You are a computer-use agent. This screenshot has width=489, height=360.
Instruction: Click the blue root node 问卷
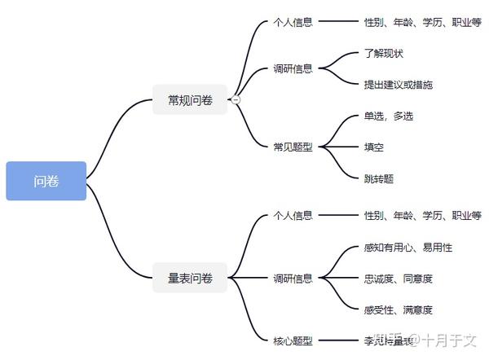click(46, 181)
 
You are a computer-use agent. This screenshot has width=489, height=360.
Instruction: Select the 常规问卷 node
click(190, 100)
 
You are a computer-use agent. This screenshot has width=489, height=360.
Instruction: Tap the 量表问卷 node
click(190, 279)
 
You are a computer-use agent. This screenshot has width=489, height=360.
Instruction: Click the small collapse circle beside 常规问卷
click(236, 100)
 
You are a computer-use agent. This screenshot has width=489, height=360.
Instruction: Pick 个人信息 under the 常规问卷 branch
click(293, 22)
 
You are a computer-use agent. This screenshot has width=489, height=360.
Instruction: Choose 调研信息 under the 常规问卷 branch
click(293, 69)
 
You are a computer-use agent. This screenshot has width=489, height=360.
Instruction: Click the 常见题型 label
click(293, 147)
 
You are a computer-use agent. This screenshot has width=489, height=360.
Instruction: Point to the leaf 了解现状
click(383, 54)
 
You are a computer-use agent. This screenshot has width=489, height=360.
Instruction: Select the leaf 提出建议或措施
click(399, 85)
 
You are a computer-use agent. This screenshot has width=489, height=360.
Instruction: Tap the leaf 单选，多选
click(389, 116)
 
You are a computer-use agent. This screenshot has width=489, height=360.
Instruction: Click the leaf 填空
click(374, 147)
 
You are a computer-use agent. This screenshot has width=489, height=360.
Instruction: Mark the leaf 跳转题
click(379, 178)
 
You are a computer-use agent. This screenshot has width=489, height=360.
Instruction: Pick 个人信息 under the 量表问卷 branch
click(293, 216)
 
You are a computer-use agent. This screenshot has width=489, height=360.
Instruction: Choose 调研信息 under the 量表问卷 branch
click(293, 279)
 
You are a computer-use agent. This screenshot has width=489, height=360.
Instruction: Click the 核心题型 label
click(293, 340)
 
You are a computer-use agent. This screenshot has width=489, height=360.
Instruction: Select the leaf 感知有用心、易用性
click(408, 247)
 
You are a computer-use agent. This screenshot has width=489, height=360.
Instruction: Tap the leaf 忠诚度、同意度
click(399, 279)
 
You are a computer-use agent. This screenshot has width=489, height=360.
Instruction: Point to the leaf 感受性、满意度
click(399, 310)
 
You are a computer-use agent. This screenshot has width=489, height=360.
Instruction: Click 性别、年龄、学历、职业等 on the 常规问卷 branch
click(422, 22)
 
